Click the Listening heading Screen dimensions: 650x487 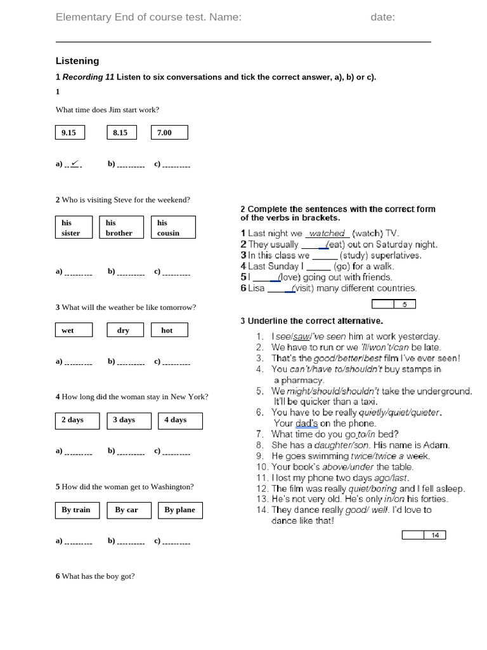click(77, 61)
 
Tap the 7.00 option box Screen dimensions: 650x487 click(169, 133)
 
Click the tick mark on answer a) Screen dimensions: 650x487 click(75, 164)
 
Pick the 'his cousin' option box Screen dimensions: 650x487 click(172, 228)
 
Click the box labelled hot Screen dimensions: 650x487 click(169, 330)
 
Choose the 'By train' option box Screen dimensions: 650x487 click(77, 510)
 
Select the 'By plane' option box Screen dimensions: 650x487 click(180, 510)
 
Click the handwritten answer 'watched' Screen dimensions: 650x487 click(327, 234)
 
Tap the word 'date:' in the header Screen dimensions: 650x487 click(383, 17)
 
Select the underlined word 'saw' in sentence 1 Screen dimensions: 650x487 click(302, 336)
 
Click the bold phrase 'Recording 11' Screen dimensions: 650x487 click(88, 77)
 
